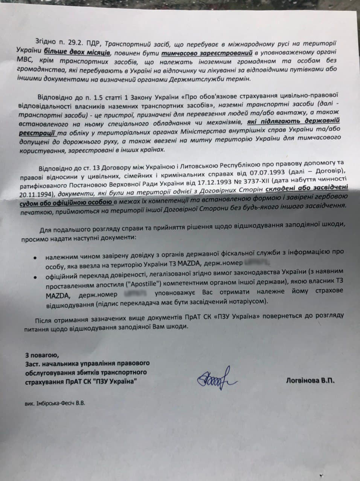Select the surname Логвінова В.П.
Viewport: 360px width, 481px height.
[x=310, y=381]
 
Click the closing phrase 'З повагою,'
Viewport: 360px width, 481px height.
[x=41, y=355]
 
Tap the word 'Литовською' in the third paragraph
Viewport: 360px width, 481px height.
[x=195, y=164]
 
